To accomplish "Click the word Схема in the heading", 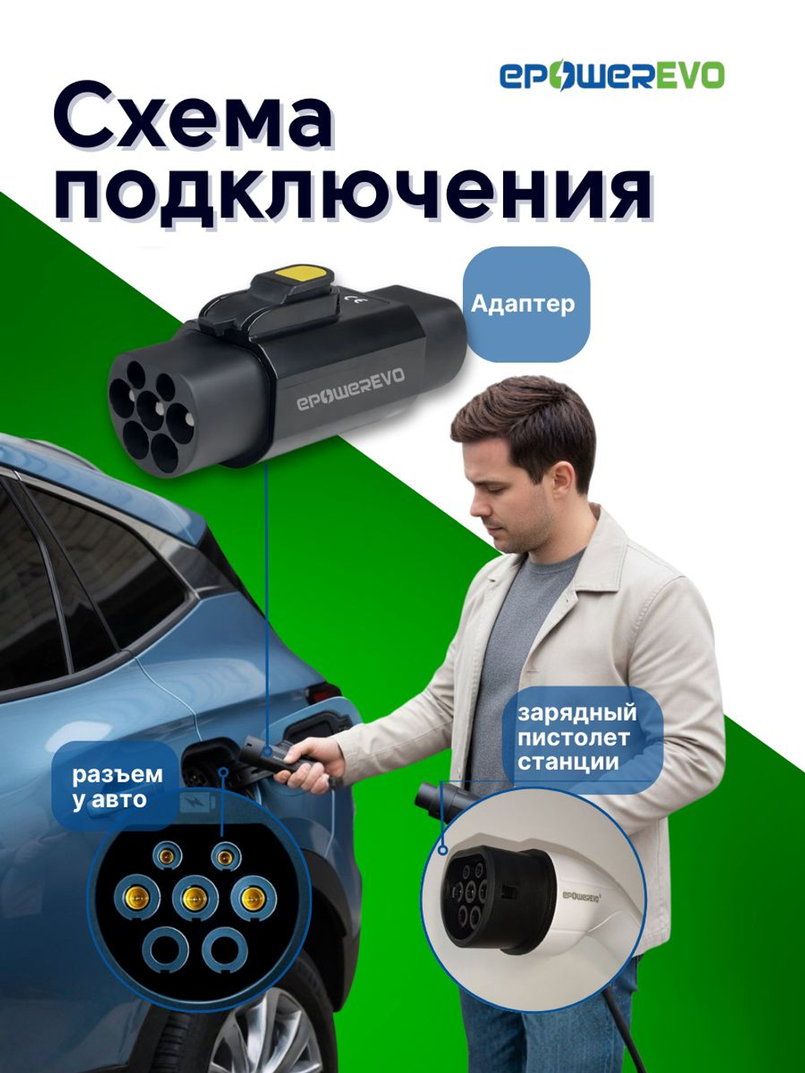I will tap(193, 122).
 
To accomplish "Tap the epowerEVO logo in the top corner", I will tap(612, 76).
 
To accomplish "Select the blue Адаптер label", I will tap(523, 304).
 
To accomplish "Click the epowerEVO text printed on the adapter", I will tap(351, 390).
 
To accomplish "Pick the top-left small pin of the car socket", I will tap(167, 855).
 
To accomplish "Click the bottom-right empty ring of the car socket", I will tap(225, 951).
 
